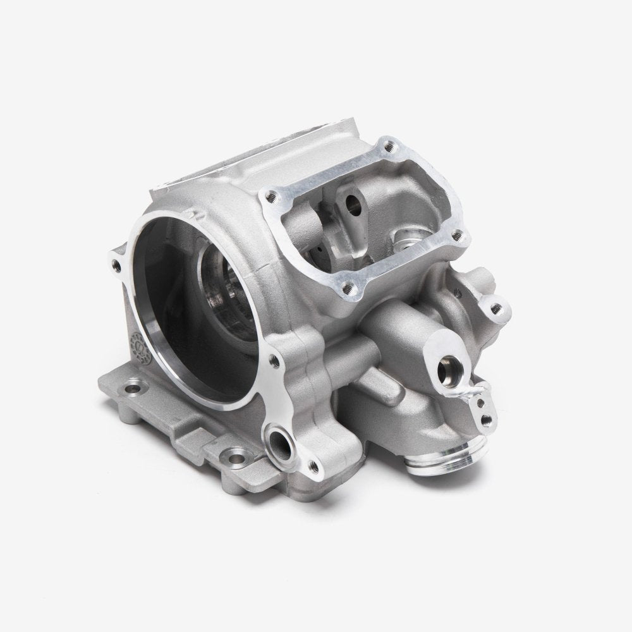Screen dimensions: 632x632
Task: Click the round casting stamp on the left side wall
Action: pos(135,343)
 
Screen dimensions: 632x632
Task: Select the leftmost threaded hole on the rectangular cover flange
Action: pos(272,196)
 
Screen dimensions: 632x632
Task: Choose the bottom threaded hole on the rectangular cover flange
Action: pos(346,289)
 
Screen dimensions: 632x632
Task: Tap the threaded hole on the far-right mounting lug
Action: pos(499,310)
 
